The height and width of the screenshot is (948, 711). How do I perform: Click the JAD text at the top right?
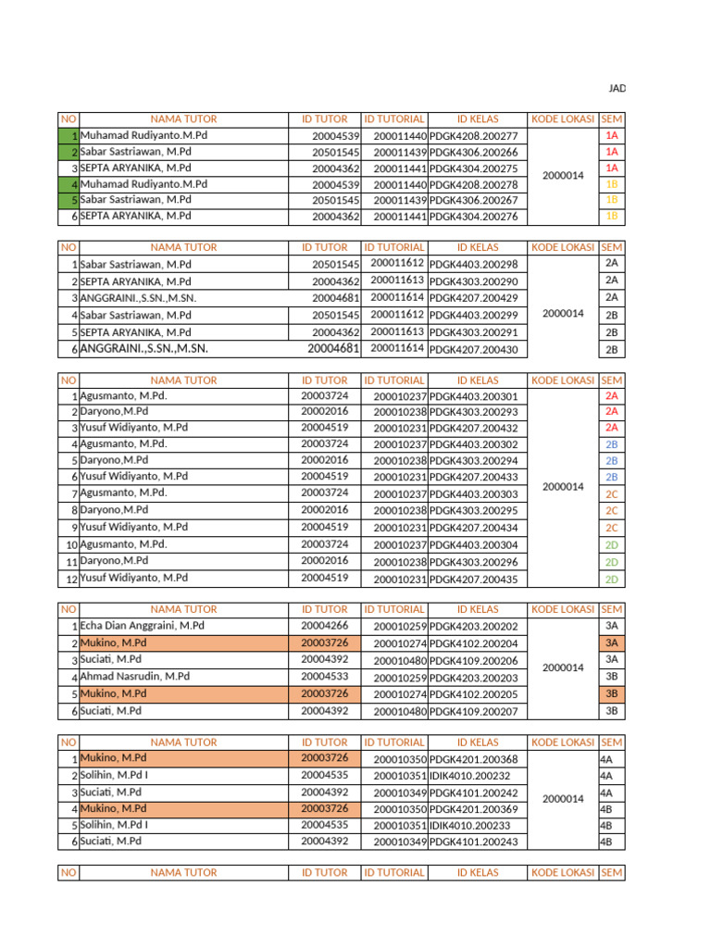616,88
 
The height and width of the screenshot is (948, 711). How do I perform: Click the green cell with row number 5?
69,200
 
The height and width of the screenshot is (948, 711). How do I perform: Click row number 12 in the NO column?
69,579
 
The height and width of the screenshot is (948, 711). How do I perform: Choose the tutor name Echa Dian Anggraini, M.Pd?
143,626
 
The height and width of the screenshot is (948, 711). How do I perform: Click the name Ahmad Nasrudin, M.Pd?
135,677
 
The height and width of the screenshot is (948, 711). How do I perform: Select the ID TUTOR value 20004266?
325,626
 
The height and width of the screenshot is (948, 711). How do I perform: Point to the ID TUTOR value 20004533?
325,677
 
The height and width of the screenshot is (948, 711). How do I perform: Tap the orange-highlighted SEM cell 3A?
611,642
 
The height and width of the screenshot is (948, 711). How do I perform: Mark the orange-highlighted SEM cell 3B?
611,693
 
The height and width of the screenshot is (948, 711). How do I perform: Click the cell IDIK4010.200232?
469,776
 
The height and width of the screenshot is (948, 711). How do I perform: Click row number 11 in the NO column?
69,562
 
